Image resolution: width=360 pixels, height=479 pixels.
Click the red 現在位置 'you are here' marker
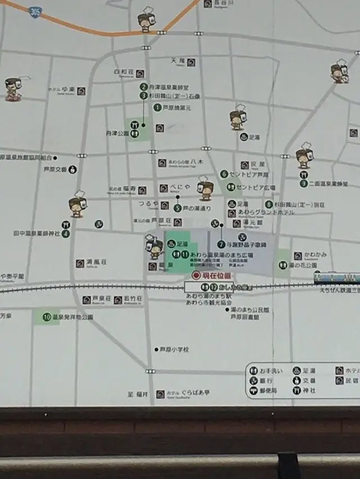click(x=196, y=275)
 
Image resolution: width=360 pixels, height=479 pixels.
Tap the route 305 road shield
click(x=36, y=12)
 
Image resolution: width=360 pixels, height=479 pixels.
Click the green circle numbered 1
click(x=157, y=107)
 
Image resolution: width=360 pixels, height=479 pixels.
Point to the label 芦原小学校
click(x=174, y=350)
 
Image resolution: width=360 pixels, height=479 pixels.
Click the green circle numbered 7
click(x=222, y=245)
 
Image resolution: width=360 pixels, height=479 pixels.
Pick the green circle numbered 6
click(x=224, y=174)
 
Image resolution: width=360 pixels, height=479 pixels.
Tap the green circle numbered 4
click(x=66, y=233)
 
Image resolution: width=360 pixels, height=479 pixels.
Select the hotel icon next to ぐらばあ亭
click(x=160, y=394)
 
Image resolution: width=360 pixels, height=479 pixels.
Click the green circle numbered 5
click(x=178, y=208)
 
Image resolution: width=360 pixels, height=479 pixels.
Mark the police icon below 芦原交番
click(x=73, y=169)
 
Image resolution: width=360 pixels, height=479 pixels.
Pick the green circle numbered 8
click(x=269, y=205)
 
